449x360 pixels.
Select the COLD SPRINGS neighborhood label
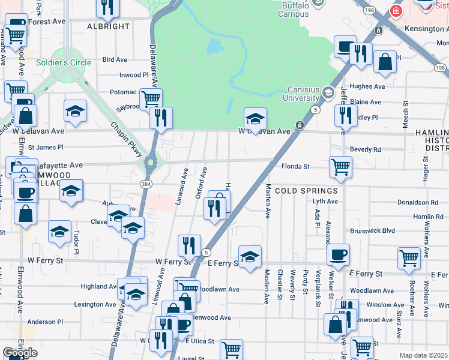306,191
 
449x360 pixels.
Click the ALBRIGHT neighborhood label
108,26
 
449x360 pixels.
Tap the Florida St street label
295,166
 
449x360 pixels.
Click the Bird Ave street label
115,60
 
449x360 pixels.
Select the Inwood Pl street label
133,75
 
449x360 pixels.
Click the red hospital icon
396,10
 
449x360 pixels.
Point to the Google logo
20,353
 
